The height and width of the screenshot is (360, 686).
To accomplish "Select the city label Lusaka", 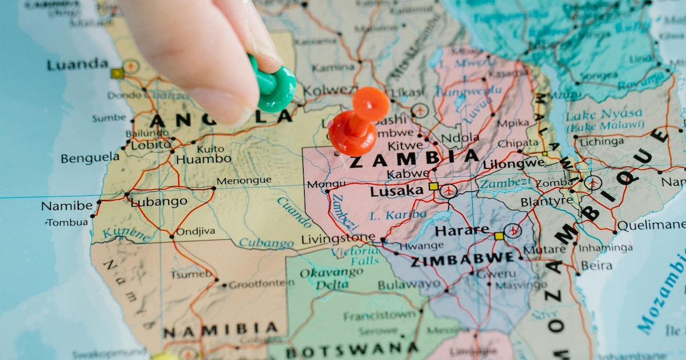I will (396, 191).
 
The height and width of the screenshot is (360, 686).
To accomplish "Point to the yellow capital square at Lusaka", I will (433, 186).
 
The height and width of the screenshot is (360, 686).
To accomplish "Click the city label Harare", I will (462, 231).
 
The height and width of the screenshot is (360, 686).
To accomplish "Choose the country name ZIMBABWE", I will (462, 259).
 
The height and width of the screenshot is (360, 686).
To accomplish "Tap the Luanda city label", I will (77, 65).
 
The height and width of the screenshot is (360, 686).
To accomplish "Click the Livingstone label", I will (338, 238).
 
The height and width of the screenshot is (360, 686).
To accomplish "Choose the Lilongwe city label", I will (513, 164).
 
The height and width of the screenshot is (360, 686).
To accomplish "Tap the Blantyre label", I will (546, 202).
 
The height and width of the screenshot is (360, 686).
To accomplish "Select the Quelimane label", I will (651, 225).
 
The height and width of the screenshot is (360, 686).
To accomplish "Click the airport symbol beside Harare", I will (512, 231).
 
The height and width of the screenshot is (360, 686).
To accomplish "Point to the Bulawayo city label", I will (409, 284).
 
